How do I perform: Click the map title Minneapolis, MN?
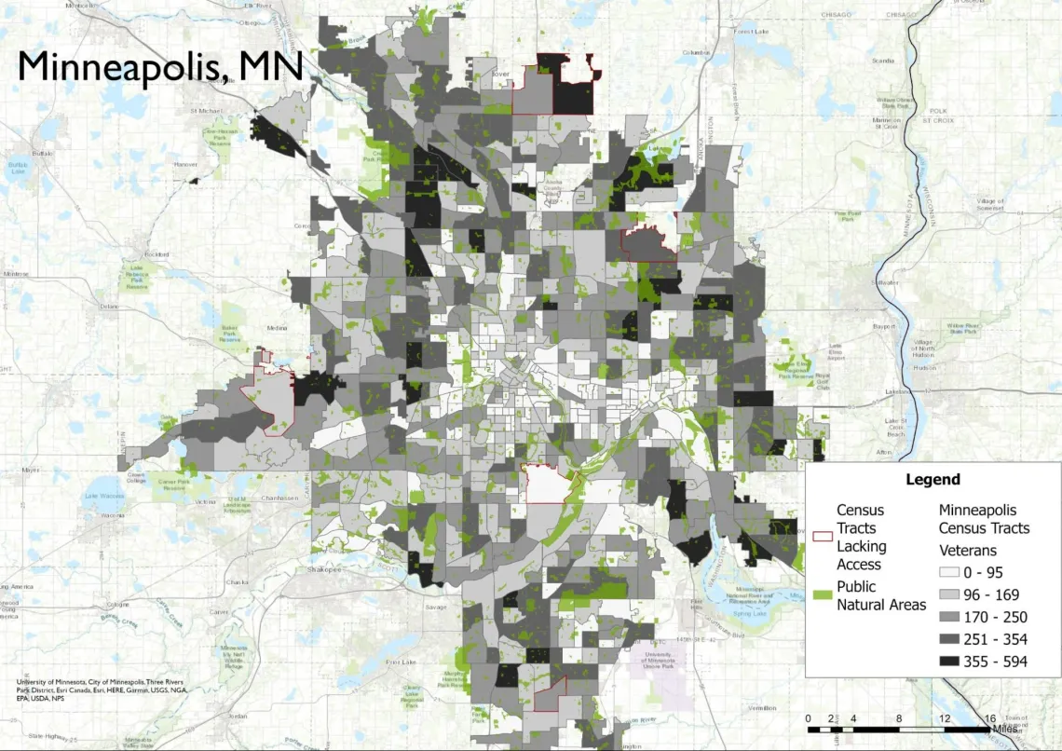(160, 67)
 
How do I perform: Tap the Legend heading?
(933, 480)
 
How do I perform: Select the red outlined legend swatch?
(823, 537)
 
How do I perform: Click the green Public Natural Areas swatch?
(823, 594)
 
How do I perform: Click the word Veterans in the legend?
(968, 550)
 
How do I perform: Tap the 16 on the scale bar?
(989, 717)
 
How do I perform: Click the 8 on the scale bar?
(898, 717)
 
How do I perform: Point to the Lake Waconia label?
(103, 495)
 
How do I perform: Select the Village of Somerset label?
(990, 204)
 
